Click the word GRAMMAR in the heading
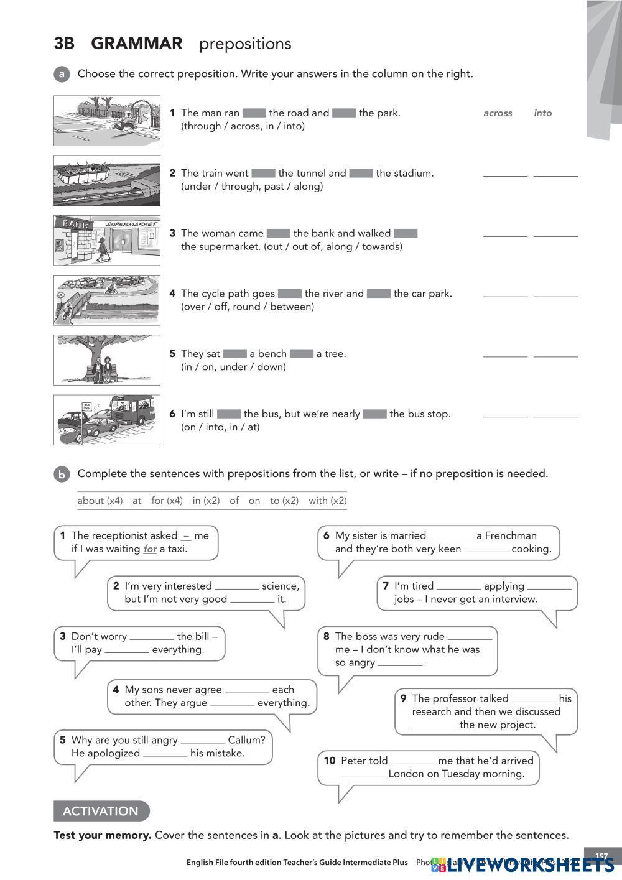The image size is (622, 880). point(136,44)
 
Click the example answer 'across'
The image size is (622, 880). point(498,113)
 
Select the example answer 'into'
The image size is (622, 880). point(542,113)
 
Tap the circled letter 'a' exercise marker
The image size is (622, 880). point(62,74)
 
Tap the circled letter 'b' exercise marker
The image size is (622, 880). point(62,475)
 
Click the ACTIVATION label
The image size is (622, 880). point(101,811)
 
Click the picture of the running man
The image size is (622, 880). point(107,121)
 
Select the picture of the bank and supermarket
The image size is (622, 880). point(107,241)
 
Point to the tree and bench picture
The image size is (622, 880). point(107,360)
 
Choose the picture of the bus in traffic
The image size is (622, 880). point(107,420)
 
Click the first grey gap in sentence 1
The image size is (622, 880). point(254,113)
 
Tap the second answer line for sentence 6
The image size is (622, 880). point(555,415)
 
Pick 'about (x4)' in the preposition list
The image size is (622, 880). point(100,501)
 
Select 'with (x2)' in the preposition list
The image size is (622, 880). point(327,501)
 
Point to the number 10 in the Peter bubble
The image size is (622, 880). point(330,761)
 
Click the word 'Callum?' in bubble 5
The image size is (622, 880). point(246,740)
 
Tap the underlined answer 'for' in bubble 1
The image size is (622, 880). point(150,549)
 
